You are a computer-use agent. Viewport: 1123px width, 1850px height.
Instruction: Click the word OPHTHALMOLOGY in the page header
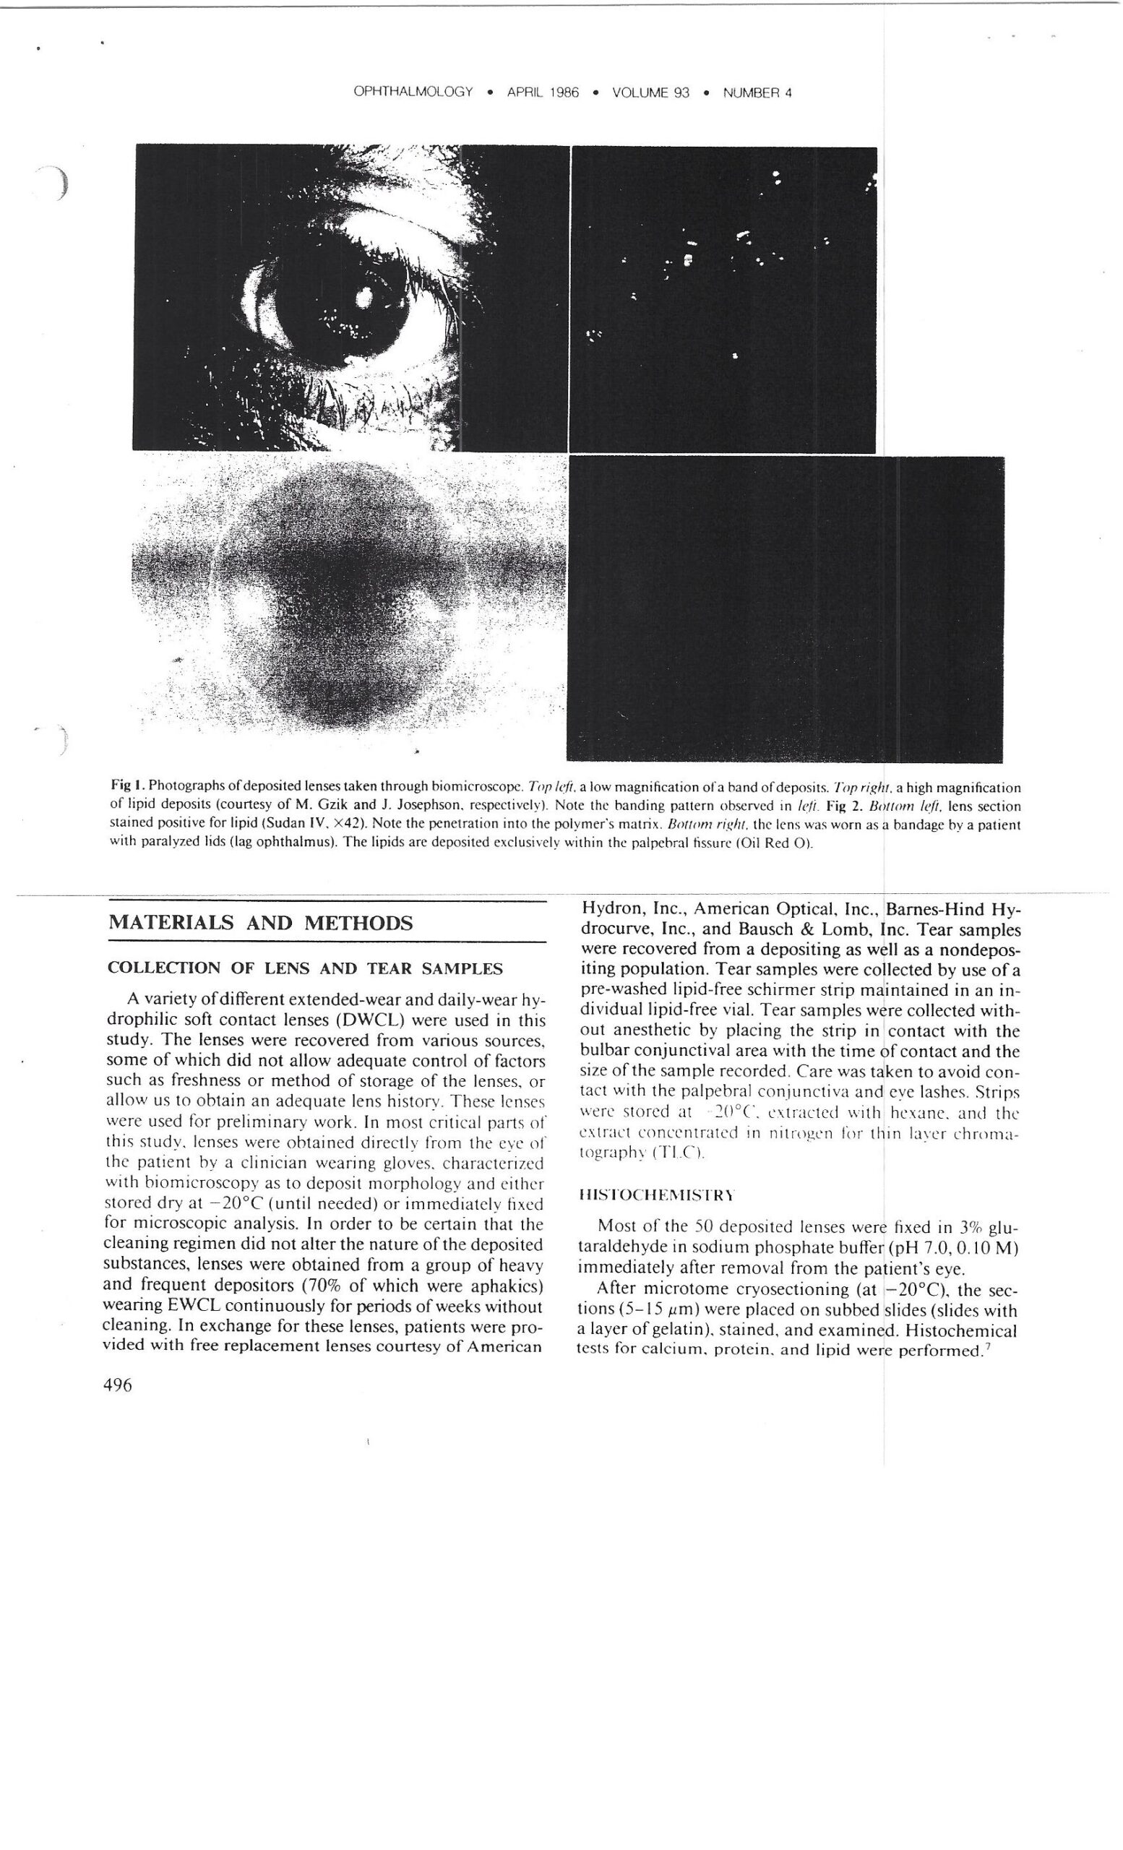click(x=413, y=92)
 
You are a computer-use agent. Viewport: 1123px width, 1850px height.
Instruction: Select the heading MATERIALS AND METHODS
click(x=260, y=923)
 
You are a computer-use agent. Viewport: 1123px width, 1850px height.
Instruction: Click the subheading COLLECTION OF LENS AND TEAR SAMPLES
click(x=305, y=968)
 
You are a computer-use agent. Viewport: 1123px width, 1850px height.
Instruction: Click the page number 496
click(x=120, y=1385)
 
